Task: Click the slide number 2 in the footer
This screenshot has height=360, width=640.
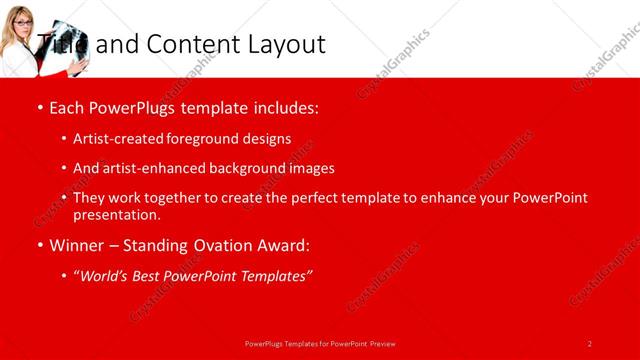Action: click(590, 343)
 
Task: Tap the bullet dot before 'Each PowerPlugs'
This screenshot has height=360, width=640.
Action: click(39, 108)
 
